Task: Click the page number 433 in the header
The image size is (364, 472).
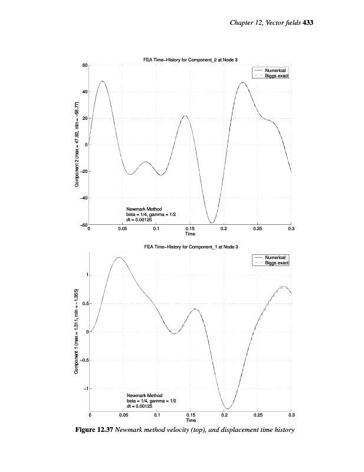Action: click(307, 23)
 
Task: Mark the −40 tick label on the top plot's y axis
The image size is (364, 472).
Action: click(83, 198)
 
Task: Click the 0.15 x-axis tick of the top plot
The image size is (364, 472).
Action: click(190, 228)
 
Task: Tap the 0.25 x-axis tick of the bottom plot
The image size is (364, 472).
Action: click(257, 415)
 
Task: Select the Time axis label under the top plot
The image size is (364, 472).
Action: click(190, 234)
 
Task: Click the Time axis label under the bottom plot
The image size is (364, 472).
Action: click(190, 420)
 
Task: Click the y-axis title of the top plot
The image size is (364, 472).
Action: click(77, 145)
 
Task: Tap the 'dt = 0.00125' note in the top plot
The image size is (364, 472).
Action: click(140, 219)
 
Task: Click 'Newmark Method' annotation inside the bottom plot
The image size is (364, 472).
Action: click(145, 395)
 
